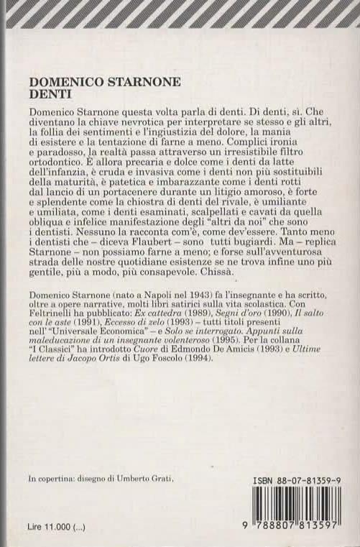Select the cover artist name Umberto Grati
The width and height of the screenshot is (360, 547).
(x=144, y=478)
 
